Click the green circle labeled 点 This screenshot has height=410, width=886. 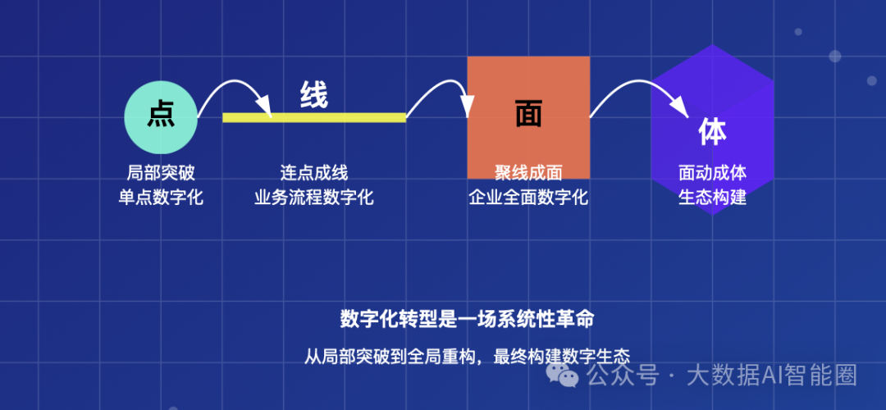pyautogui.click(x=161, y=116)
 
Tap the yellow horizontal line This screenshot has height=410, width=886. pyautogui.click(x=314, y=117)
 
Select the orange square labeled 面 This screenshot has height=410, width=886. pyautogui.click(x=528, y=116)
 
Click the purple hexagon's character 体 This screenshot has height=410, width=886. pyautogui.click(x=712, y=131)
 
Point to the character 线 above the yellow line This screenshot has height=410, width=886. pyautogui.click(x=314, y=95)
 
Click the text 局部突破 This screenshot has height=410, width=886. pyautogui.click(x=161, y=173)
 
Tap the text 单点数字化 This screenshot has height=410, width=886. pyautogui.click(x=161, y=198)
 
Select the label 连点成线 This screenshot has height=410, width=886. pyautogui.click(x=314, y=173)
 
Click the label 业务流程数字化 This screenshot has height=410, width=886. pyautogui.click(x=314, y=198)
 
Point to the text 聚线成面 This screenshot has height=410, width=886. pyautogui.click(x=528, y=173)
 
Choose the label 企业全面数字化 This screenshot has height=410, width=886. pyautogui.click(x=528, y=198)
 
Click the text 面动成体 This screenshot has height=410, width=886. pyautogui.click(x=712, y=173)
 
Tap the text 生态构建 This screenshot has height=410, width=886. pyautogui.click(x=712, y=198)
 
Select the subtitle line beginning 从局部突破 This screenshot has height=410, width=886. pyautogui.click(x=466, y=357)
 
